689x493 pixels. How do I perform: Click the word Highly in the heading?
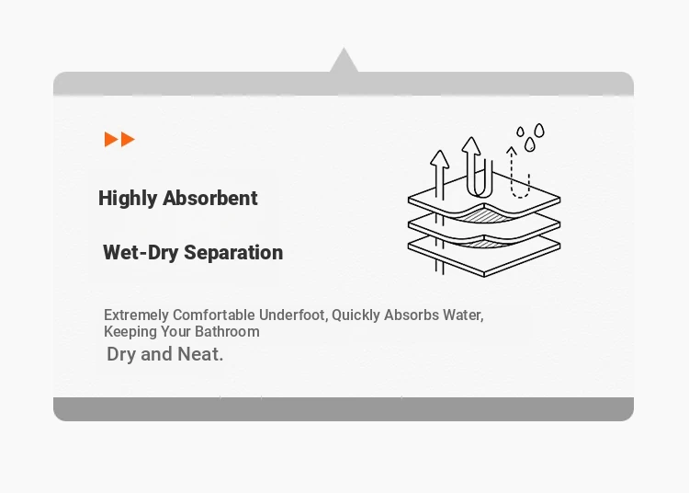128,199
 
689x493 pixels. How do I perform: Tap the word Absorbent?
210,198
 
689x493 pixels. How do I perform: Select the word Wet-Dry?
141,253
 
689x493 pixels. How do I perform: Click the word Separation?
233,253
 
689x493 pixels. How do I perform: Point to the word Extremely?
136,315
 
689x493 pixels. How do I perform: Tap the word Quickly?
356,315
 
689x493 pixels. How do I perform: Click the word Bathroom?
227,332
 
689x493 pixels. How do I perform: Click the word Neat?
200,354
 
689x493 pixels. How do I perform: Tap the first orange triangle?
111,140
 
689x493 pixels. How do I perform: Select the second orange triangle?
128,140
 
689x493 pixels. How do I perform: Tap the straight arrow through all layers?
439,212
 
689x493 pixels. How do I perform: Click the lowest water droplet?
530,144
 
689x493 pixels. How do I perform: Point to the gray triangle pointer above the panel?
344,60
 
